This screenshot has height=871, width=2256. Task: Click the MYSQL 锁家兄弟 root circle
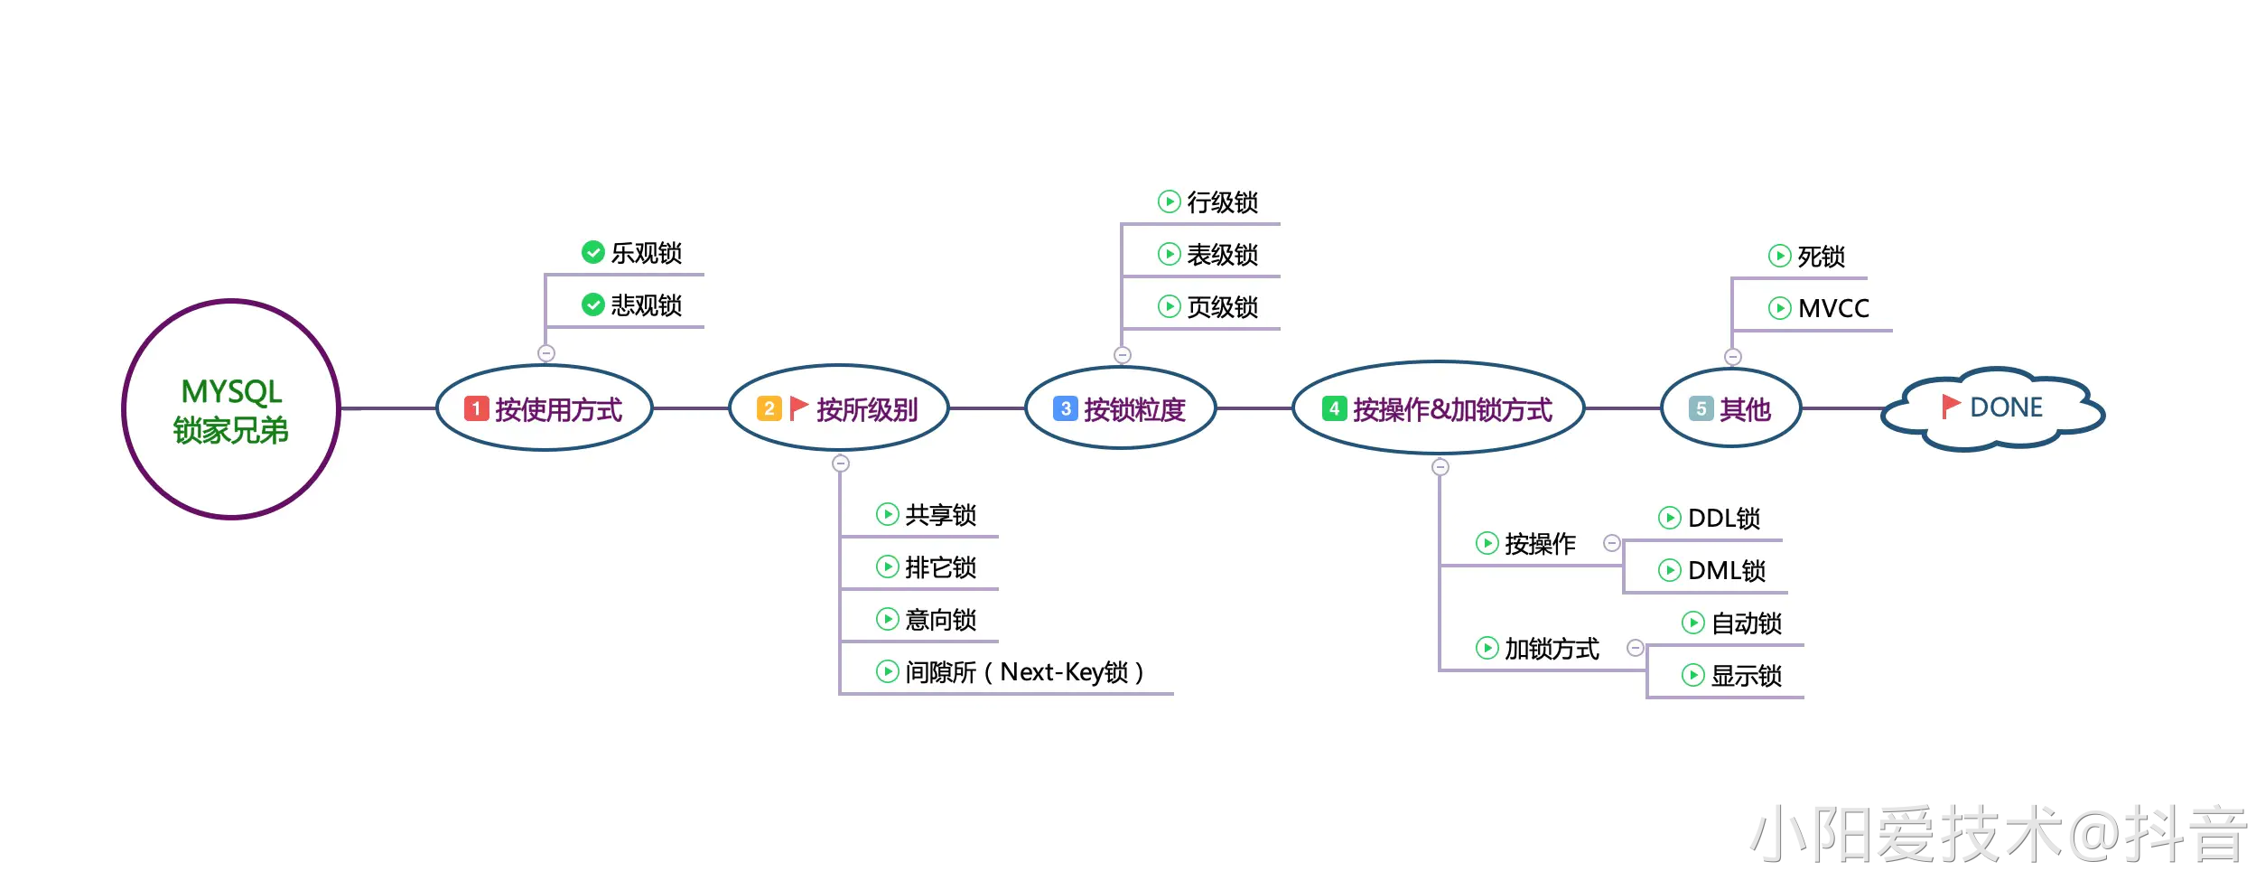coord(231,409)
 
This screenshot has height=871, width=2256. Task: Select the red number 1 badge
coord(476,408)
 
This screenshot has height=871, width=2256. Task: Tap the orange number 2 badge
coord(769,408)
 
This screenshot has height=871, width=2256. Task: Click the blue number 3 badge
coord(1066,408)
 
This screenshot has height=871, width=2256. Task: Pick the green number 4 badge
coord(1334,408)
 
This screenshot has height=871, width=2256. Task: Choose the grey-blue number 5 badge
coord(1701,408)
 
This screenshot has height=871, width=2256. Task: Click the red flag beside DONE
coord(1951,407)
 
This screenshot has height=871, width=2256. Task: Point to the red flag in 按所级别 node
coord(798,408)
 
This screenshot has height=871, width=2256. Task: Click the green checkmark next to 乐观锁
coord(593,252)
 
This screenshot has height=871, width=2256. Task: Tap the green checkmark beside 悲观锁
coord(593,304)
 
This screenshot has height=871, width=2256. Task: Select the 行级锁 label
coord(1222,201)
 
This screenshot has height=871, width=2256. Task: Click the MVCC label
coord(1833,308)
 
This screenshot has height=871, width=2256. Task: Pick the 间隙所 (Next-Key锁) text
coord(1024,672)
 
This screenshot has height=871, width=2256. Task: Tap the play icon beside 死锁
coord(1779,256)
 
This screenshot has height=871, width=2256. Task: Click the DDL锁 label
coord(1724,518)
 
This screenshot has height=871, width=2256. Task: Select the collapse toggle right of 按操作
coord(1612,543)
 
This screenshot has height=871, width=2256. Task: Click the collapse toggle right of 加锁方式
coord(1636,648)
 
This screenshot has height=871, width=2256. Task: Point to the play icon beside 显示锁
coord(1693,675)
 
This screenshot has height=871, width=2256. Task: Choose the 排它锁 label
coord(940,567)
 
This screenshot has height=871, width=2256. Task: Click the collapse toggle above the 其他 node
coord(1733,357)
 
